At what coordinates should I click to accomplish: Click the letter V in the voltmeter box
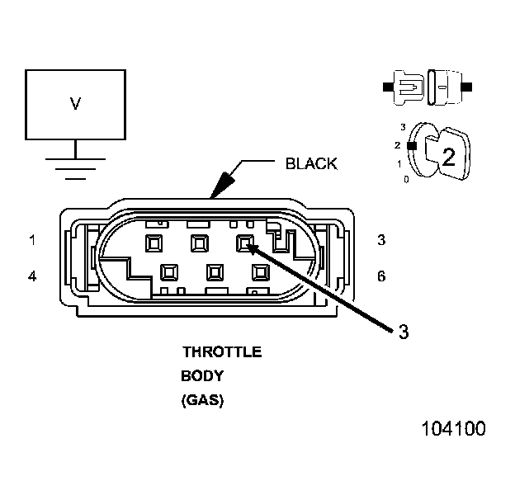pyautogui.click(x=75, y=103)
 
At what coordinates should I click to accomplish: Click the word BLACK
pyautogui.click(x=311, y=163)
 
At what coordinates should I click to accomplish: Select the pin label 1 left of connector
pyautogui.click(x=32, y=240)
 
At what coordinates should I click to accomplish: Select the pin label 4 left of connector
pyautogui.click(x=32, y=276)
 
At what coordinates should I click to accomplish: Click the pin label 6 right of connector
pyautogui.click(x=381, y=276)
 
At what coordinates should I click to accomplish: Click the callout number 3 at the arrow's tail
pyautogui.click(x=403, y=332)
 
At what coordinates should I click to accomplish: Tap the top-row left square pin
pyautogui.click(x=153, y=243)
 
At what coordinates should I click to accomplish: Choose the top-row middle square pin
pyautogui.click(x=199, y=243)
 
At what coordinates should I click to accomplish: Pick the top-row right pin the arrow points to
pyautogui.click(x=245, y=243)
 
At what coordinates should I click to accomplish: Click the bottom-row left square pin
pyautogui.click(x=170, y=271)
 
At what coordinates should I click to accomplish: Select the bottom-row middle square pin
pyautogui.click(x=216, y=271)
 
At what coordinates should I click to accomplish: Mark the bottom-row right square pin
pyautogui.click(x=262, y=271)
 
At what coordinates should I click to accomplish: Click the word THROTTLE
pyautogui.click(x=222, y=352)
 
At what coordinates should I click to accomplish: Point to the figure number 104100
pyautogui.click(x=453, y=429)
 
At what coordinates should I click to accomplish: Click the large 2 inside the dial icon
pyautogui.click(x=448, y=158)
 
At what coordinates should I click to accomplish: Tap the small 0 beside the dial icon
pyautogui.click(x=406, y=179)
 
